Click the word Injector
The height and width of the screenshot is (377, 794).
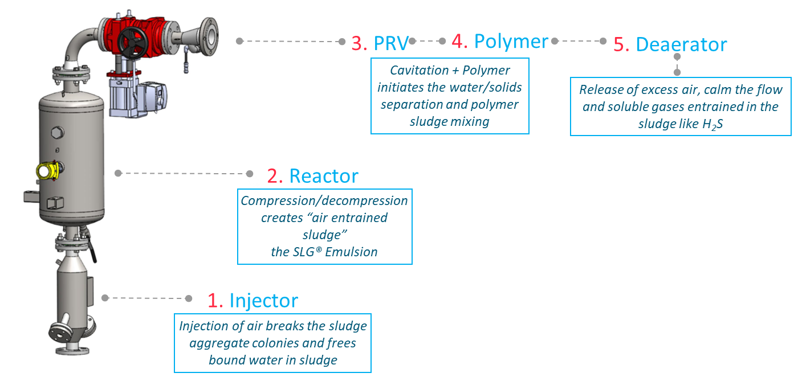tap(263, 301)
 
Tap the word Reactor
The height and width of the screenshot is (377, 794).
tap(324, 176)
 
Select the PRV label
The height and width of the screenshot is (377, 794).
tap(392, 43)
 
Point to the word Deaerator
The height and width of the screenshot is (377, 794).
tap(681, 44)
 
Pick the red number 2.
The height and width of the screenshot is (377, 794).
tap(275, 176)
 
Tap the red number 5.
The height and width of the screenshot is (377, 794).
tap(621, 44)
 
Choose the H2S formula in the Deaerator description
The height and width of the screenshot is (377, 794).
tap(711, 124)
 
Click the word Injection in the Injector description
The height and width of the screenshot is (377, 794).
tap(203, 326)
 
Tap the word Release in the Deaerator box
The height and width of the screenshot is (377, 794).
tap(600, 90)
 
